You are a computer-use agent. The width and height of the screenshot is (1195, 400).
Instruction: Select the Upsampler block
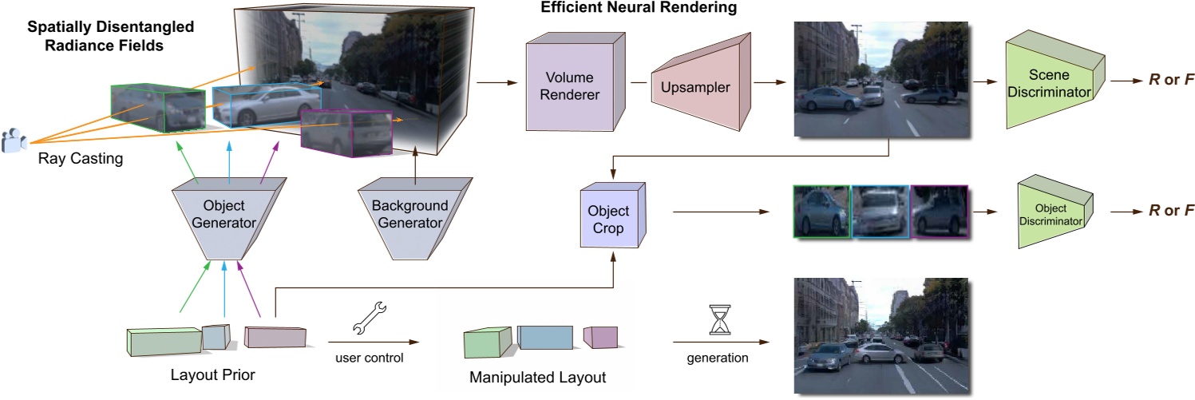point(701,87)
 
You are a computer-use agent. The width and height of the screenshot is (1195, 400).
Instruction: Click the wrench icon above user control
point(368,318)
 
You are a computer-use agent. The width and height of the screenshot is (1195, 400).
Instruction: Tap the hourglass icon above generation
point(719,319)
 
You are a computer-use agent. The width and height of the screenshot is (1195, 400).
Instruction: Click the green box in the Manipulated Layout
point(487,343)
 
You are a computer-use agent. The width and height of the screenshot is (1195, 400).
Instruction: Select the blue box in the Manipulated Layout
point(545,337)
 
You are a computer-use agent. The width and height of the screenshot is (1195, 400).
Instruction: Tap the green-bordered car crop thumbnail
point(821,213)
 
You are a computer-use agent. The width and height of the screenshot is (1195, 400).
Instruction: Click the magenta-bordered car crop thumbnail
point(939,213)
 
